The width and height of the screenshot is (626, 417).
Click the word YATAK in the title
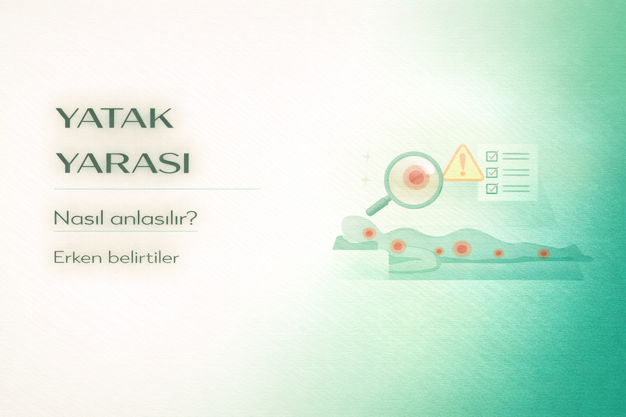pyautogui.click(x=115, y=119)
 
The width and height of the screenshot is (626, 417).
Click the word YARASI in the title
pyautogui.click(x=123, y=163)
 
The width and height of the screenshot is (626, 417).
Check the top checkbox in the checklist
pyautogui.click(x=492, y=156)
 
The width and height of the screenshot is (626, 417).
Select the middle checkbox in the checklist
pyautogui.click(x=492, y=172)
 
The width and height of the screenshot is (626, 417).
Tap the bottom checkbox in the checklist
pyautogui.click(x=492, y=188)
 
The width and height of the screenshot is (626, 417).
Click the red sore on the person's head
pyautogui.click(x=369, y=233)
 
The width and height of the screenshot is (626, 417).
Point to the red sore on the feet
pyautogui.click(x=544, y=253)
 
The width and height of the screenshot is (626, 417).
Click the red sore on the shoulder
pyautogui.click(x=397, y=246)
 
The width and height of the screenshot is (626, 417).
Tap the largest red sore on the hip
pyautogui.click(x=461, y=248)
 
